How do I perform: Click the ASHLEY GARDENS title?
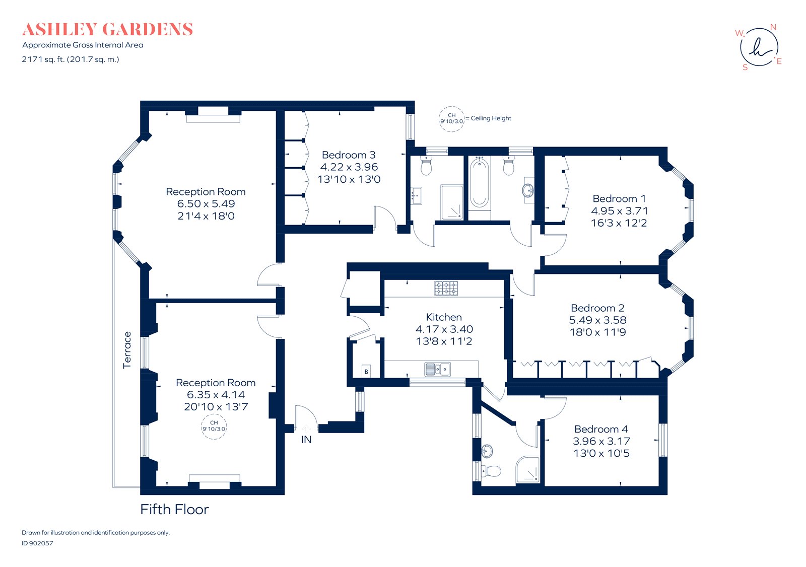(107, 29)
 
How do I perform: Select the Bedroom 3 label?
(349, 155)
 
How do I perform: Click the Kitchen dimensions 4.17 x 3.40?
(444, 329)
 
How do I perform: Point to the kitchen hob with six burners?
(446, 288)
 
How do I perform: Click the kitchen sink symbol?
(437, 370)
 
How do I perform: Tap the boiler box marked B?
(366, 371)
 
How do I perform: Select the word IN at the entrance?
(306, 440)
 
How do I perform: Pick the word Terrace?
(127, 350)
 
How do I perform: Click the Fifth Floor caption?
(174, 510)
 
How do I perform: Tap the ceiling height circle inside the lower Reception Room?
(214, 427)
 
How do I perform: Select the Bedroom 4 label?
(601, 429)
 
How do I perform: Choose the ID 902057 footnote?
(37, 543)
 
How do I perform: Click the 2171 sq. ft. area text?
(71, 59)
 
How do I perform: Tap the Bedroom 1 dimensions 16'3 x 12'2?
(619, 223)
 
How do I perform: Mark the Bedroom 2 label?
(597, 308)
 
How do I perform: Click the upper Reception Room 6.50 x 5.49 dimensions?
(206, 204)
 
